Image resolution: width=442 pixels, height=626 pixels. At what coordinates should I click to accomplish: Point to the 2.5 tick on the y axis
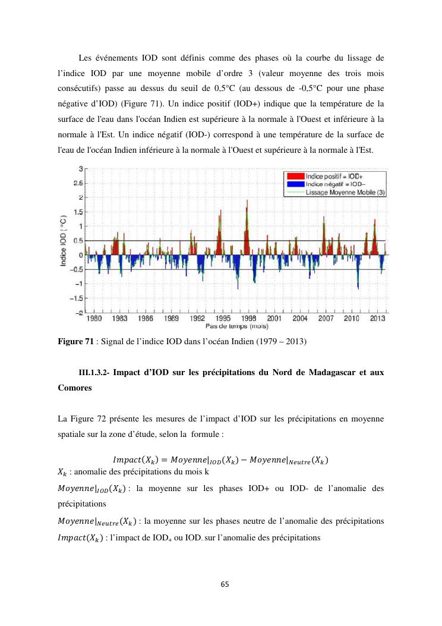pos(78,183)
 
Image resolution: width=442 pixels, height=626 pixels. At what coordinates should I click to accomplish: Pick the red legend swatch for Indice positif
pos(295,177)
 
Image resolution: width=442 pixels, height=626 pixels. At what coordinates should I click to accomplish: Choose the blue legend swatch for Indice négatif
pos(295,184)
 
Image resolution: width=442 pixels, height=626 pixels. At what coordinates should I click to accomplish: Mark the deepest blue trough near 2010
pos(358,288)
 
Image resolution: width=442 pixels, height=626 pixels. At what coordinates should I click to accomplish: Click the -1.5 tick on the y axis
pos(77,298)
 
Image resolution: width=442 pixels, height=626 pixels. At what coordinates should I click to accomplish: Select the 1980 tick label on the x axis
pos(94,319)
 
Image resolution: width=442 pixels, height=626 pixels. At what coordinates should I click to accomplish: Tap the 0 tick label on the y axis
pos(80,255)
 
